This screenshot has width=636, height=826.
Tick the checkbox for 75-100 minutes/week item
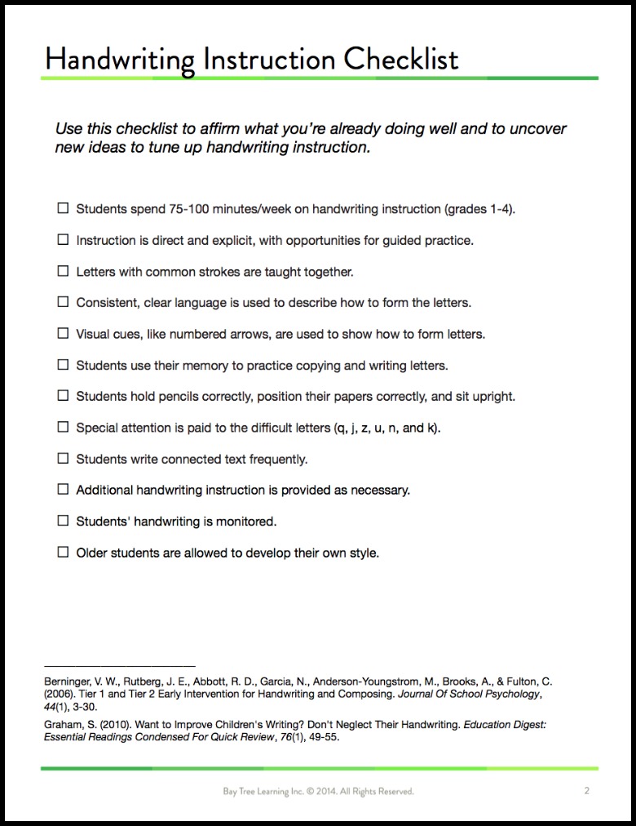63,208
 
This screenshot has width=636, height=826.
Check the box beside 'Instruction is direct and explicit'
63,240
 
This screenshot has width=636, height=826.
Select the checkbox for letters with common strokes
63,271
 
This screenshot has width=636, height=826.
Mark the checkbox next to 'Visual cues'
63,334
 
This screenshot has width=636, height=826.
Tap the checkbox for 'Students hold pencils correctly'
63,396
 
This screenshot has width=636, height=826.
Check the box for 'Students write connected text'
63,459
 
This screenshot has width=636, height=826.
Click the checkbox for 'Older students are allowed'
63,553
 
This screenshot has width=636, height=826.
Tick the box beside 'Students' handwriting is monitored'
63,521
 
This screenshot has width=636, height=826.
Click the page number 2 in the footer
587,790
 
